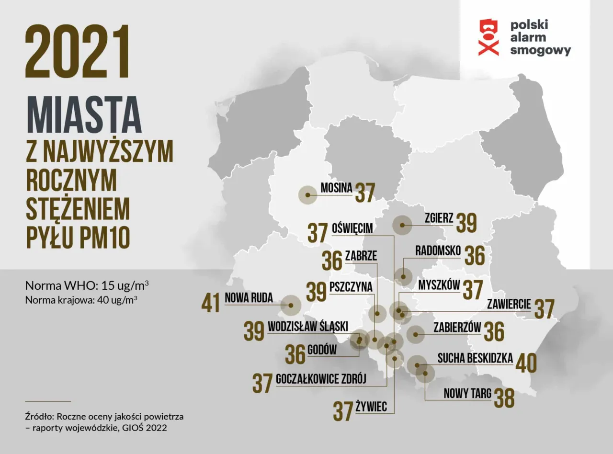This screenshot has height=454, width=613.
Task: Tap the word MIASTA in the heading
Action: tap(84, 115)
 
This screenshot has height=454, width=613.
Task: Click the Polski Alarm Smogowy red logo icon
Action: tap(488, 37)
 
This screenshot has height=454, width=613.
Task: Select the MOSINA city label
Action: tap(336, 188)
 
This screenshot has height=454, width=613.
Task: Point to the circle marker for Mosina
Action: tap(307, 195)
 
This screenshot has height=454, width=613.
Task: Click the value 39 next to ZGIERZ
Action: tap(466, 223)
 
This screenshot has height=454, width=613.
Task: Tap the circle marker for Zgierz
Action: tap(402, 225)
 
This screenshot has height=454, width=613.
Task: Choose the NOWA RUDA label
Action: tap(249, 298)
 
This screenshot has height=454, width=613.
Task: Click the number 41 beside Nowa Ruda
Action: tap(211, 303)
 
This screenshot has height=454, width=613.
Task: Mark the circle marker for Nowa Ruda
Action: tap(291, 305)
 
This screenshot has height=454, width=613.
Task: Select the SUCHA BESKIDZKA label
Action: tap(475, 358)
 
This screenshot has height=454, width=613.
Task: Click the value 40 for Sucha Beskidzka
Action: tap(526, 363)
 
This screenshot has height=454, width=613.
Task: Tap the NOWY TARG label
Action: tap(467, 394)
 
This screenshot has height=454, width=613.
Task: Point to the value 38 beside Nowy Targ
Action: tap(504, 397)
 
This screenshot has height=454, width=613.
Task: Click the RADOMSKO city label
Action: tap(438, 250)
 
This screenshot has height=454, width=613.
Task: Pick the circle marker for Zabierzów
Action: tap(415, 334)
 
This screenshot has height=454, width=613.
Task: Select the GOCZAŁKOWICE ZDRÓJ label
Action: tap(321, 379)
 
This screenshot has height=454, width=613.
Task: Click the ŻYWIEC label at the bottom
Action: tap(371, 407)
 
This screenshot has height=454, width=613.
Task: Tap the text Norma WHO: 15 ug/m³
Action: tap(86, 286)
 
